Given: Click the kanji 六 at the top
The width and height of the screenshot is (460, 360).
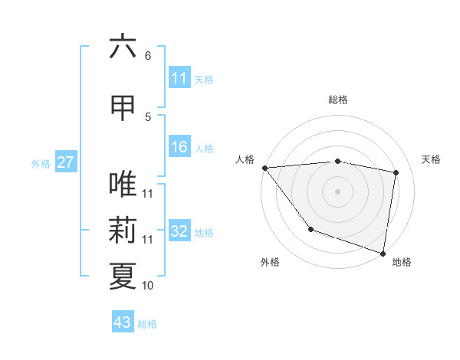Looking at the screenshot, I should (x=123, y=47).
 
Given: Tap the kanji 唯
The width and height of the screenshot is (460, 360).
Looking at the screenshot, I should (x=123, y=185).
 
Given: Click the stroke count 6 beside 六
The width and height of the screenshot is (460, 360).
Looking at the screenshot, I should (x=148, y=56).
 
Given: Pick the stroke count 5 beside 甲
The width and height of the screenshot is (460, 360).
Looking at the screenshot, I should (x=148, y=116).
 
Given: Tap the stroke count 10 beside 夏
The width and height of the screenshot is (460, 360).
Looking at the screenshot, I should (x=148, y=286).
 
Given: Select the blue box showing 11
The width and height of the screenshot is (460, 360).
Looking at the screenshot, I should (x=179, y=78).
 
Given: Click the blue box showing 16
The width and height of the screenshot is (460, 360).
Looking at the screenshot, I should (x=179, y=148).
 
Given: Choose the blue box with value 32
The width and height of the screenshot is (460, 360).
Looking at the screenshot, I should (x=179, y=232).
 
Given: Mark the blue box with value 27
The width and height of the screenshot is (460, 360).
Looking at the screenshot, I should (x=65, y=162).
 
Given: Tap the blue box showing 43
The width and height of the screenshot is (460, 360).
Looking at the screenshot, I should (x=122, y=322).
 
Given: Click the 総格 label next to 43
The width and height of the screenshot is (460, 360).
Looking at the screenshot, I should (x=147, y=324).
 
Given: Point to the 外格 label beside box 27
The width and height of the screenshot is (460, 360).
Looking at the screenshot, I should (x=41, y=163).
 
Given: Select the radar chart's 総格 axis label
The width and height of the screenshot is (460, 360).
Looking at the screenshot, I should (x=338, y=100).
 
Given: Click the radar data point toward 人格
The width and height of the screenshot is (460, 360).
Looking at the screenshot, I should (x=264, y=168).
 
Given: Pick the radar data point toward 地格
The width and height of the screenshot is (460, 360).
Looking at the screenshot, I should (x=383, y=253).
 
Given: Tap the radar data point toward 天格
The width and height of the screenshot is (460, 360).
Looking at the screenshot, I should (x=396, y=172).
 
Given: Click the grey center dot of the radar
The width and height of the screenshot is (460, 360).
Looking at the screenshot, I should (x=338, y=191).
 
